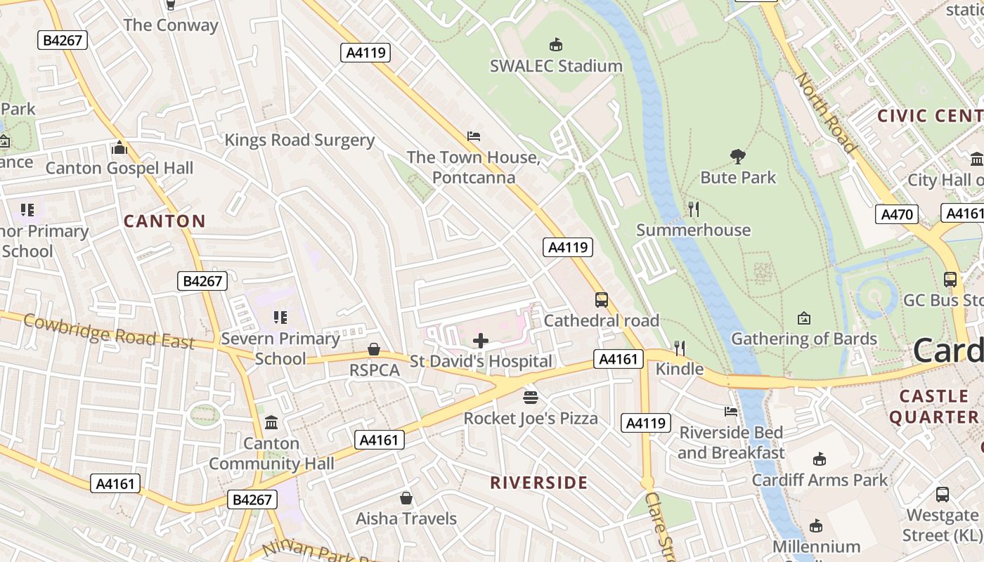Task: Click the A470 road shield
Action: tap(897, 214)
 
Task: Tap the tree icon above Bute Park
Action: tap(737, 156)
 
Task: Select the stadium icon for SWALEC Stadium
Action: tap(556, 45)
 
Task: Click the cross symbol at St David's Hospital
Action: tap(481, 341)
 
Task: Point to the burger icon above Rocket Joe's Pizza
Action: tap(531, 398)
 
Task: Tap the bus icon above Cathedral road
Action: tap(602, 300)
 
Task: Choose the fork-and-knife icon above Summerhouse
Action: tap(693, 209)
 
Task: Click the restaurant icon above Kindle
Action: tap(679, 348)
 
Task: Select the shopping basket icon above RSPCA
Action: tap(374, 349)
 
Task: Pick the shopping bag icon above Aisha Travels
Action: tap(406, 498)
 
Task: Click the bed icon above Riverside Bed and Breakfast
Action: tap(731, 412)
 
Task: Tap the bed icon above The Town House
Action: tap(474, 136)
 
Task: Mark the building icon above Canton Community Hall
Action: tap(271, 423)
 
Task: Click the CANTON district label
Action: tap(164, 221)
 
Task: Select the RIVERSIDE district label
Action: tap(538, 483)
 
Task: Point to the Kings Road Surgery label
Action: tap(299, 140)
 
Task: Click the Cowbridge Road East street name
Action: tap(109, 332)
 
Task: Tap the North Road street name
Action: tap(826, 112)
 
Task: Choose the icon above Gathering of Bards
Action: tap(804, 318)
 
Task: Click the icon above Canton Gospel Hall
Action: tap(119, 148)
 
